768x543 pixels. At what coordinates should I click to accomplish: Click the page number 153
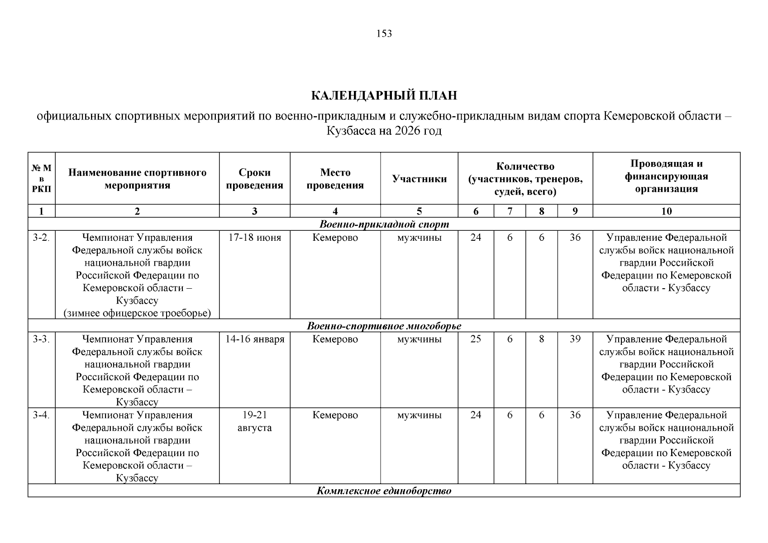[384, 34]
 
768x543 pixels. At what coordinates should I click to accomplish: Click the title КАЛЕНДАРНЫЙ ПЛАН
[384, 96]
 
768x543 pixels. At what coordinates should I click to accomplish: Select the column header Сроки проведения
[254, 179]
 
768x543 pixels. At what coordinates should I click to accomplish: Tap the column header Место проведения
[335, 179]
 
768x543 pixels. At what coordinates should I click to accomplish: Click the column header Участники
[419, 179]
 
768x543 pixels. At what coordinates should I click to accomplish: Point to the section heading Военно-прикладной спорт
[384, 224]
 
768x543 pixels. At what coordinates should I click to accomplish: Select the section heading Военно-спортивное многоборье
[384, 326]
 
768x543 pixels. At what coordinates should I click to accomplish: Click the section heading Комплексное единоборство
[384, 491]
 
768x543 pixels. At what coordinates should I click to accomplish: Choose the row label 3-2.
[41, 238]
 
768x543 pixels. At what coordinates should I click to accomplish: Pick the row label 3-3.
[41, 339]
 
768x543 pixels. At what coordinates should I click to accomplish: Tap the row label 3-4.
[41, 415]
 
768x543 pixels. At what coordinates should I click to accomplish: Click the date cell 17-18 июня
[254, 238]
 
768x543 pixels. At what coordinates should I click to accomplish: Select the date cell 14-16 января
[254, 339]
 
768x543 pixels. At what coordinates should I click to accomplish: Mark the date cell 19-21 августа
[254, 422]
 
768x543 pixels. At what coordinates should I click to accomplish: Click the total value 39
[575, 339]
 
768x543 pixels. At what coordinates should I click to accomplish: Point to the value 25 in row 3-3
[476, 339]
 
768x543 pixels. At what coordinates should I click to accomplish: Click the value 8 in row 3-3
[541, 339]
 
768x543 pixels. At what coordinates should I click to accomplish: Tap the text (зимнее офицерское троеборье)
[137, 313]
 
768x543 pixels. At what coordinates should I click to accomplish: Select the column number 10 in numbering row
[666, 211]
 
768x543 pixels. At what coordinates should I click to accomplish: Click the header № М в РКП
[41, 178]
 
